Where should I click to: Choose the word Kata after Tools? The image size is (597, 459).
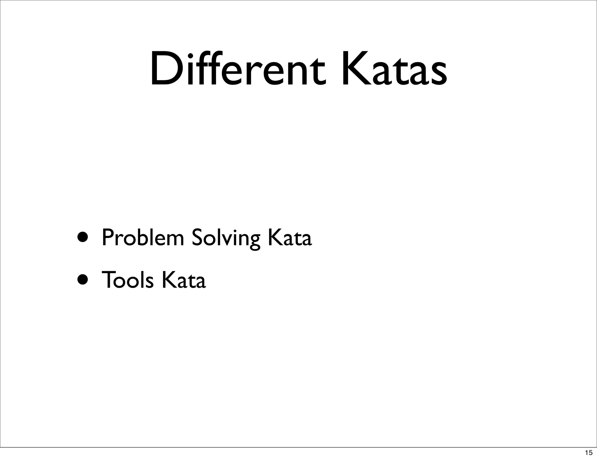184,280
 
